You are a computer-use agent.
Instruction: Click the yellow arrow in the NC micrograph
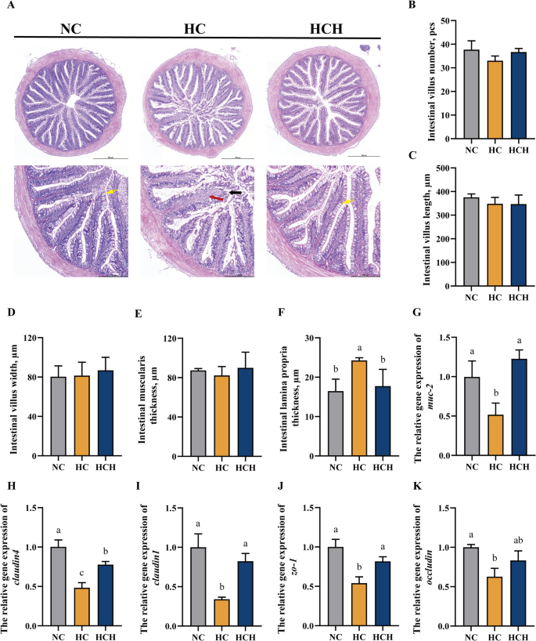click(111, 191)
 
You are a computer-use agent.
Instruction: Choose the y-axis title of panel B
click(412, 77)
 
